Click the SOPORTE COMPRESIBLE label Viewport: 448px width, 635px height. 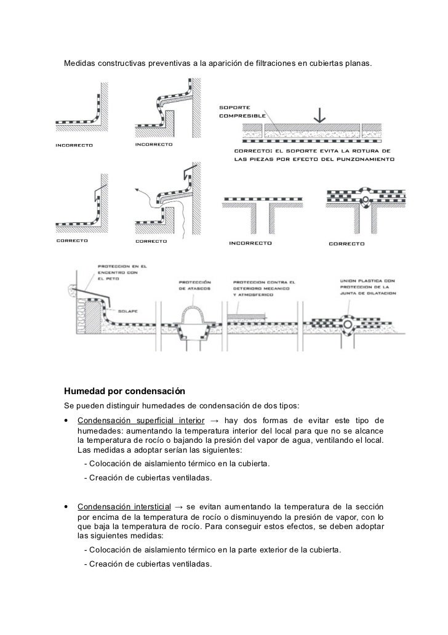242,111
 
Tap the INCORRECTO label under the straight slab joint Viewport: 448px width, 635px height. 250,243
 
